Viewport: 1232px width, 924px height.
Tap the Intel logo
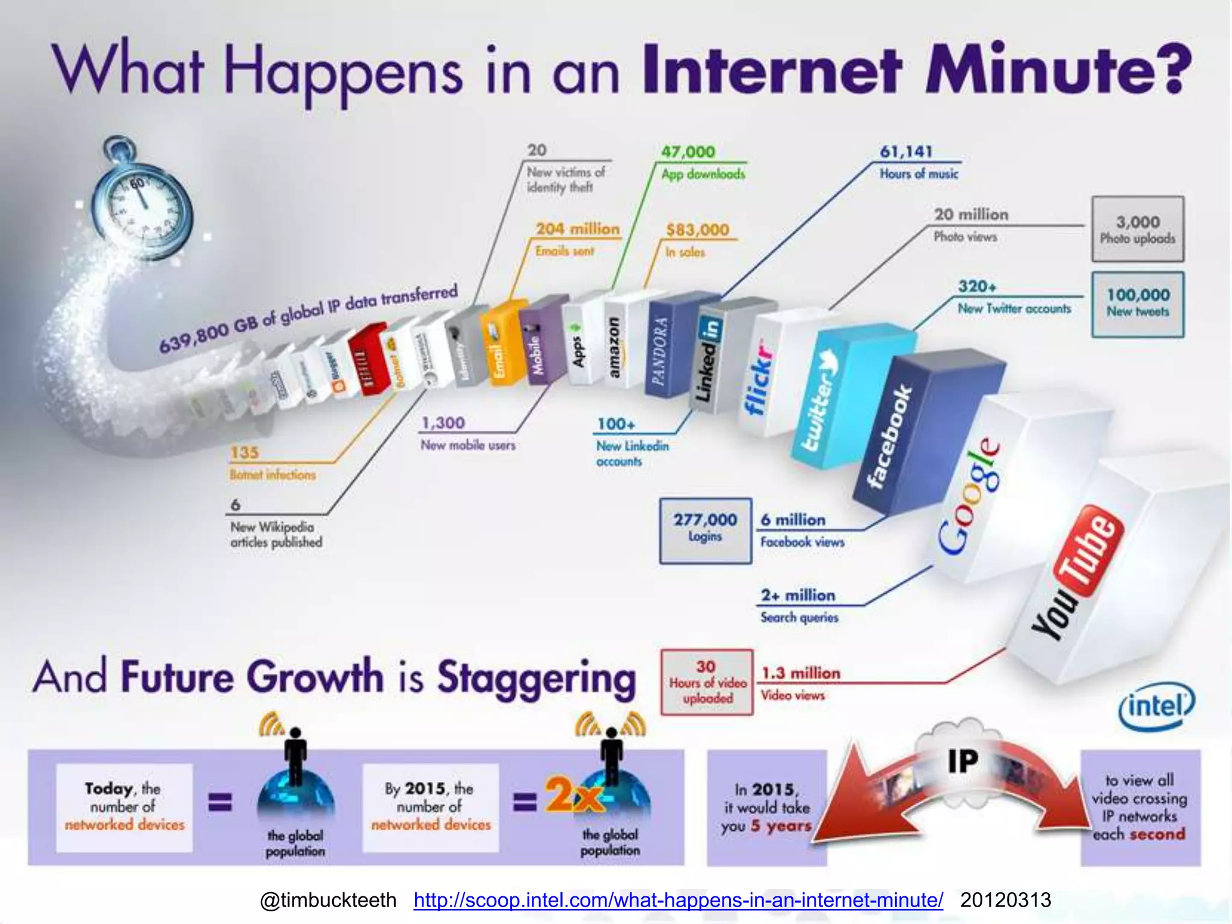[1156, 706]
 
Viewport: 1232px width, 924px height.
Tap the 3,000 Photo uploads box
[1138, 229]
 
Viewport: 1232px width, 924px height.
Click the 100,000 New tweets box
[1138, 303]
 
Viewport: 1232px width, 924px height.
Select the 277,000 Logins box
[705, 530]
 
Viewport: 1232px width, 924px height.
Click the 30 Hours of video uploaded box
[707, 682]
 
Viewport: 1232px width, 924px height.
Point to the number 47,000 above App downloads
[688, 152]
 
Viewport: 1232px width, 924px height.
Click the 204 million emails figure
[577, 229]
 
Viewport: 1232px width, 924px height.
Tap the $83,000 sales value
[697, 230]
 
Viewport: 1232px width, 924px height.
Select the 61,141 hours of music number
[905, 152]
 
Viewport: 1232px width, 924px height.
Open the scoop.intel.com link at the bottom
[678, 900]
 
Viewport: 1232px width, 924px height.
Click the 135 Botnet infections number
[244, 452]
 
